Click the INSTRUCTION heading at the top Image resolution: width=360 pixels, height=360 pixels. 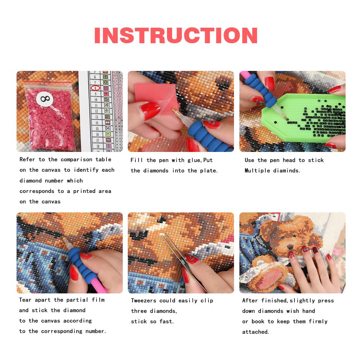pyautogui.click(x=176, y=35)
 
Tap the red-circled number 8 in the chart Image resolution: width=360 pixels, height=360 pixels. pyautogui.click(x=95, y=88)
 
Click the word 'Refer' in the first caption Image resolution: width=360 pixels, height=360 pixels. pyautogui.click(x=27, y=159)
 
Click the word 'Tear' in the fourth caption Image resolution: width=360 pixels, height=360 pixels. pyautogui.click(x=26, y=300)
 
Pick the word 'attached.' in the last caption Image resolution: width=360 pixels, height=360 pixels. pyautogui.click(x=256, y=332)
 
